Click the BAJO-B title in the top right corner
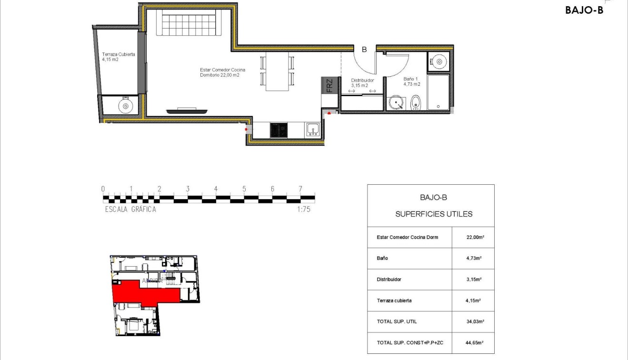[x=584, y=10]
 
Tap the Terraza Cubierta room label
[x=118, y=57]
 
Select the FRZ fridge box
[x=329, y=85]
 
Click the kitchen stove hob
[x=278, y=130]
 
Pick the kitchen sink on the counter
[x=313, y=130]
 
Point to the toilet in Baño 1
[x=416, y=102]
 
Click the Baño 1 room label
[x=411, y=81]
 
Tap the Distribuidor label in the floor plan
[x=362, y=83]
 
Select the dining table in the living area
[x=277, y=71]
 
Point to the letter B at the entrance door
[x=364, y=49]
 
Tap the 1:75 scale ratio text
[x=303, y=209]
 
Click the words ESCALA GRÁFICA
[x=130, y=209]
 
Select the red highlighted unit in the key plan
[x=143, y=294]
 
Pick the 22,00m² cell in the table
[x=472, y=237]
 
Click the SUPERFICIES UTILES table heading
[x=434, y=214]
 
